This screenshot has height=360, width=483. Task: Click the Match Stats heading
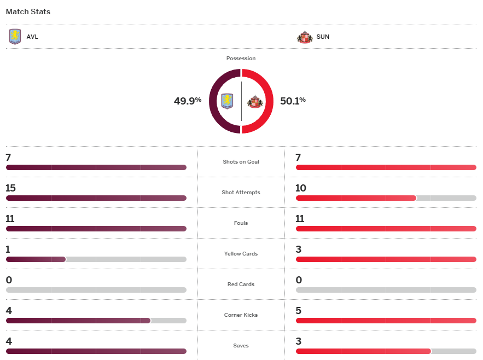[x=28, y=11]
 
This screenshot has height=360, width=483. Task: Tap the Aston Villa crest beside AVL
[x=15, y=37]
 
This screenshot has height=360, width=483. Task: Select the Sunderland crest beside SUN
[x=304, y=37]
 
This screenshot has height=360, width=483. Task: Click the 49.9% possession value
[x=188, y=101]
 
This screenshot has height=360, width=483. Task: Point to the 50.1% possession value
[x=293, y=101]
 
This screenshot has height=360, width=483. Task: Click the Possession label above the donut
[x=241, y=59]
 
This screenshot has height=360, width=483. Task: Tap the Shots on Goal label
[x=241, y=162]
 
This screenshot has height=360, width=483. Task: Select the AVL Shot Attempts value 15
[x=10, y=188]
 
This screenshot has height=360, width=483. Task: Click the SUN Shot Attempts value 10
[x=301, y=188]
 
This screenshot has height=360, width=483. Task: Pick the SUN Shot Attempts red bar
[x=356, y=198]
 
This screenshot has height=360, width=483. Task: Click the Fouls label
[x=241, y=223]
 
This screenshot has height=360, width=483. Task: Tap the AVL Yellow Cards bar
[x=36, y=259]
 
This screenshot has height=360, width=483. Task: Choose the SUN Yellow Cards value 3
[x=299, y=249]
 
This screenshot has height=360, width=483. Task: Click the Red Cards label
[x=241, y=284]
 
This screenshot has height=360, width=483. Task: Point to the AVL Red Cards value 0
[x=9, y=280]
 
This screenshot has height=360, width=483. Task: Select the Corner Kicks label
[x=241, y=315]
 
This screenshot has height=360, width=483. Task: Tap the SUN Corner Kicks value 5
[x=299, y=311]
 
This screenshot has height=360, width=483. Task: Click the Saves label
[x=241, y=346]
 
